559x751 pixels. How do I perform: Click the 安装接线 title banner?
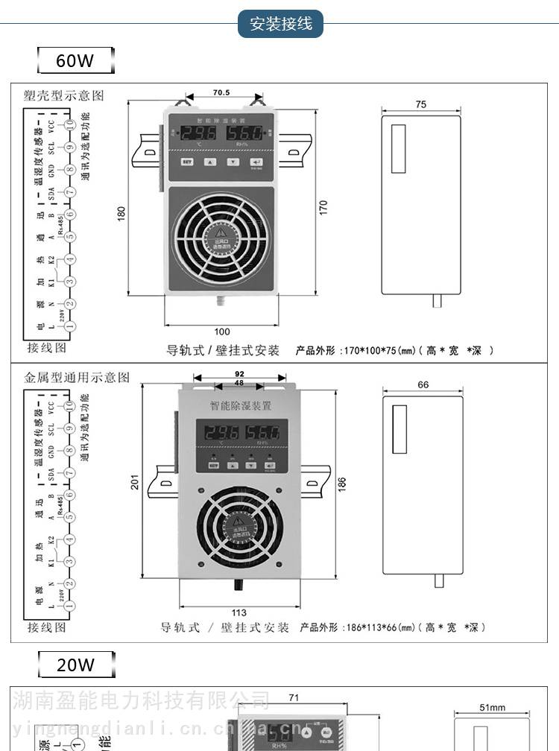pyautogui.click(x=280, y=24)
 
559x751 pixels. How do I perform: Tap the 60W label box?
pyautogui.click(x=76, y=60)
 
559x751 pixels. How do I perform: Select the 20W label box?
pyautogui.click(x=76, y=664)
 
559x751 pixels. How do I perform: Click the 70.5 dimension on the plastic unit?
pyautogui.click(x=221, y=93)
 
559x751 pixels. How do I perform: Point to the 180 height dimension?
pyautogui.click(x=121, y=213)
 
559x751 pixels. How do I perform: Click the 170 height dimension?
pyautogui.click(x=323, y=208)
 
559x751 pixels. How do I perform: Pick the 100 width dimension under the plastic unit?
pyautogui.click(x=222, y=332)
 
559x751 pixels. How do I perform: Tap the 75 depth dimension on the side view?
pyautogui.click(x=421, y=105)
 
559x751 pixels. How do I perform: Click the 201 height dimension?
pyautogui.click(x=135, y=483)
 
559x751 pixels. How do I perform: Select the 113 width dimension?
pyautogui.click(x=239, y=612)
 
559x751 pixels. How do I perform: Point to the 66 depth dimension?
pyautogui.click(x=423, y=384)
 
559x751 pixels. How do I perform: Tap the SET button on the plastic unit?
pyautogui.click(x=188, y=161)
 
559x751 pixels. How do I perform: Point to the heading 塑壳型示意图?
pyautogui.click(x=64, y=95)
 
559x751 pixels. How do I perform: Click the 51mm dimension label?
pyautogui.click(x=492, y=708)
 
